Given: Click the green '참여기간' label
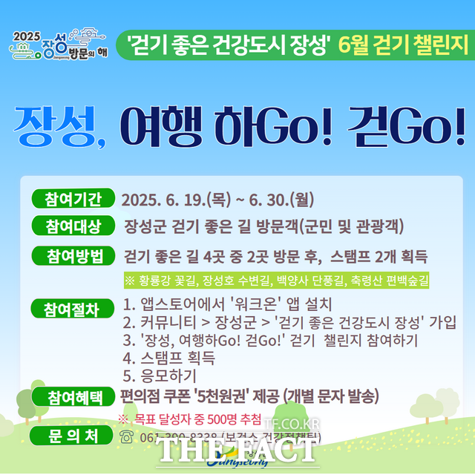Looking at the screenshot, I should coord(72,199).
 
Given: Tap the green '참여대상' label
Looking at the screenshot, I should coord(72,225).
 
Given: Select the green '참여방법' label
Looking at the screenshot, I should coord(72,256).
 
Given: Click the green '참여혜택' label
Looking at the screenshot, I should coord(72,395).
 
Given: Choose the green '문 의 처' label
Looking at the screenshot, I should coord(72,435).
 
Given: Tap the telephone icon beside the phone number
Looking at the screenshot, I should coord(127,436).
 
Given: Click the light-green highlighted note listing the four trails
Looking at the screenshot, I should coord(276,280).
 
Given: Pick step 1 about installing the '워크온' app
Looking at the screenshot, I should coord(227,304).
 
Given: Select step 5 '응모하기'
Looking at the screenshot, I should coord(160,376).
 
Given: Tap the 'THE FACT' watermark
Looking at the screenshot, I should coord(237,450).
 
